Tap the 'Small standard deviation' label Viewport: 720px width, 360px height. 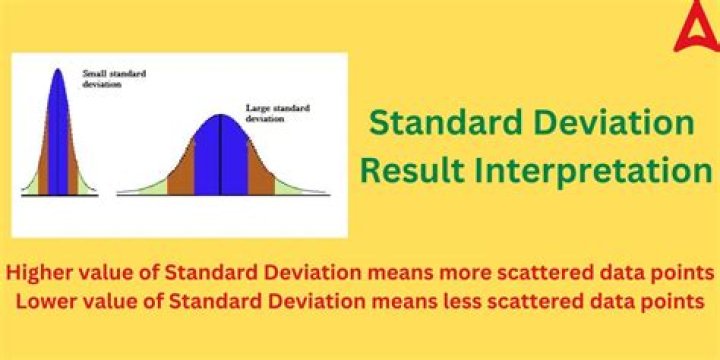click(x=106, y=79)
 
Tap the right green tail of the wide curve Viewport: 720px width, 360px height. click(x=292, y=184)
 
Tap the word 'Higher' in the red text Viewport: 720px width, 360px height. click(x=38, y=272)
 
